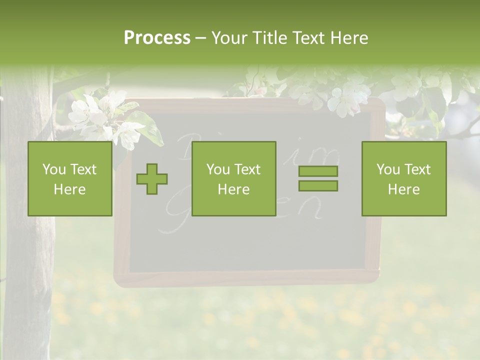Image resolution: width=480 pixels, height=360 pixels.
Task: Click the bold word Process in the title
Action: point(157,38)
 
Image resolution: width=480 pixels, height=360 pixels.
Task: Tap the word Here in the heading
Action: point(348,38)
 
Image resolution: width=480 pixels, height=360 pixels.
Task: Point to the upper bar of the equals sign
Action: point(318,171)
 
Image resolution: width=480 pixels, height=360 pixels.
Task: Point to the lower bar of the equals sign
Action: point(318,186)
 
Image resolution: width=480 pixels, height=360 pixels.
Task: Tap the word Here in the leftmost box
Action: point(69,189)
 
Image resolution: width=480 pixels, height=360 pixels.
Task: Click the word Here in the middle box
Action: point(233,189)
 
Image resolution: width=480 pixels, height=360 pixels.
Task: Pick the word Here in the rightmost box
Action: point(403,189)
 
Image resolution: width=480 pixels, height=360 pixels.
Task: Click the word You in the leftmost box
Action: point(54,169)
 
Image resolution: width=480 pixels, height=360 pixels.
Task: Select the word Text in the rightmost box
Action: point(417,169)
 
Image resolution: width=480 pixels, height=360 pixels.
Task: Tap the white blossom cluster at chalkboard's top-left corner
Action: point(97,115)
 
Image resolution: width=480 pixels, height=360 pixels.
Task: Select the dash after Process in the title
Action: point(200,38)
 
